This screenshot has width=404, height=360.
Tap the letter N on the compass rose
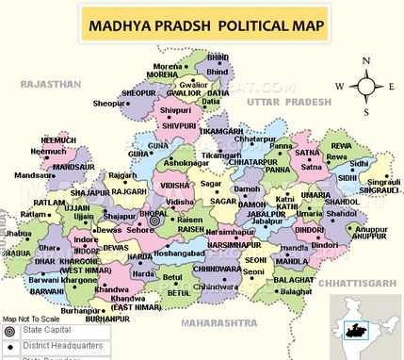pos(365,61)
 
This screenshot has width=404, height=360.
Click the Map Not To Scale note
pos(33,319)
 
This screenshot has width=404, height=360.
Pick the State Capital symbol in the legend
pos(9,333)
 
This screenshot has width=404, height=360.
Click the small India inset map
pos(372,329)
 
